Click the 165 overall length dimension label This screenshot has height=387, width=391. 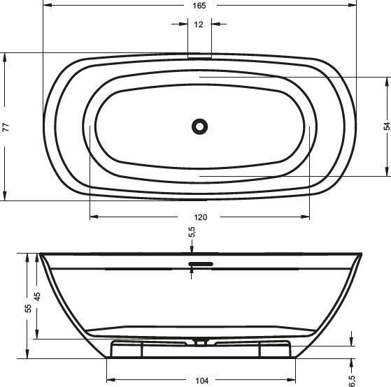(199, 6)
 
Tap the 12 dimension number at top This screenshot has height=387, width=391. (199, 24)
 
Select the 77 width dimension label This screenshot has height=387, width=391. (6, 127)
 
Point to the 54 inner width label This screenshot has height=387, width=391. (387, 126)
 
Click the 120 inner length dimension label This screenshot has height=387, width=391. (201, 217)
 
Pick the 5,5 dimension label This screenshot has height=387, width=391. (192, 232)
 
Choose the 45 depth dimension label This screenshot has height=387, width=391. (37, 296)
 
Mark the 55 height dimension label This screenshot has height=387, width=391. (28, 308)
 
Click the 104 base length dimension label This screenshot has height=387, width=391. (201, 381)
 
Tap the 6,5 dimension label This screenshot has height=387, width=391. (352, 381)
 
